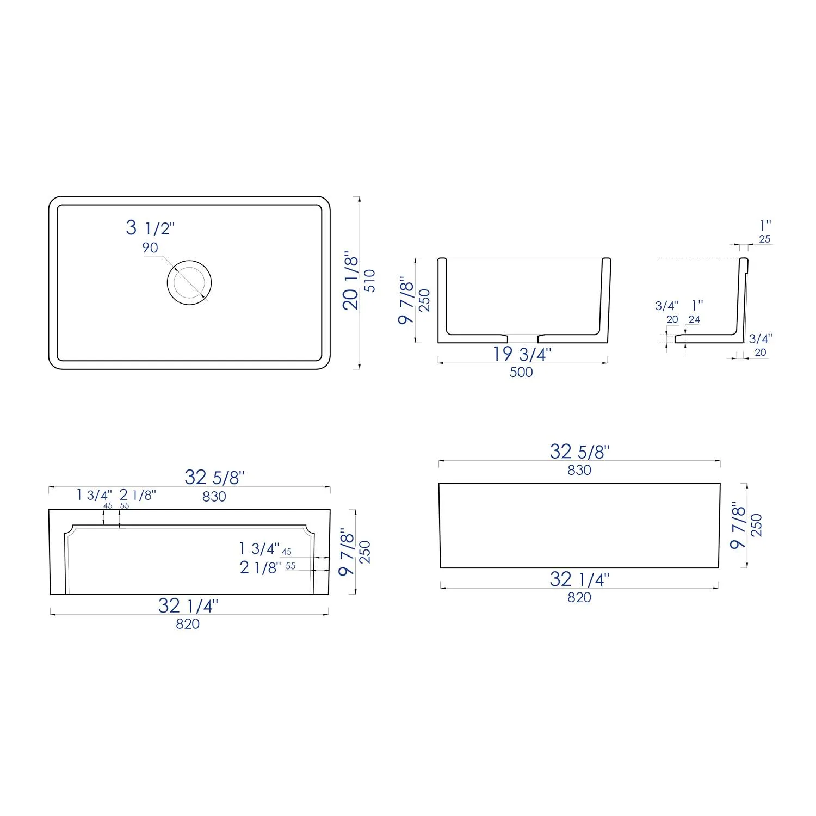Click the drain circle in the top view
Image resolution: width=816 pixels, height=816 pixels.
tap(189, 282)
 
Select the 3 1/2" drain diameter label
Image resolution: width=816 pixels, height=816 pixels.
tap(150, 227)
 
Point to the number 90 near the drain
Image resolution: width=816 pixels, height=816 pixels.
tap(150, 248)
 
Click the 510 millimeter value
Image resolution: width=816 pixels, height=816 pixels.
tap(370, 281)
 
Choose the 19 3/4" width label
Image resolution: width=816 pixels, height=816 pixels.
tap(522, 354)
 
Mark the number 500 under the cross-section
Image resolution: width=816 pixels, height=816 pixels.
tap(521, 373)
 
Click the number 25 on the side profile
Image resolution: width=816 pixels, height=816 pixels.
tap(764, 239)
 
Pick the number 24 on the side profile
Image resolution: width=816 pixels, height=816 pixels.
tap(694, 319)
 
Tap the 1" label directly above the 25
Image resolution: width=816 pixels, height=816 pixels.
tap(765, 225)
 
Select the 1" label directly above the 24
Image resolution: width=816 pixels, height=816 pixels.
tap(697, 306)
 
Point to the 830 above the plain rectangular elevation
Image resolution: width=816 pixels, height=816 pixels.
tap(579, 470)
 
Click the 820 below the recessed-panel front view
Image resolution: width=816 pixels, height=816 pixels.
tap(188, 624)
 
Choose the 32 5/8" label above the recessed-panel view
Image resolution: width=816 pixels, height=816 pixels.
tap(214, 478)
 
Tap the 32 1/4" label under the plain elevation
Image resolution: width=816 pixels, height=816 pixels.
tap(579, 579)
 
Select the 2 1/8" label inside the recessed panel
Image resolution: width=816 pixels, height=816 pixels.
tap(260, 568)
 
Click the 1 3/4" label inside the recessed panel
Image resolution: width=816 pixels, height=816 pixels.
tap(259, 549)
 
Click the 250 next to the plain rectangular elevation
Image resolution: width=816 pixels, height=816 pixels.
tap(756, 525)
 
